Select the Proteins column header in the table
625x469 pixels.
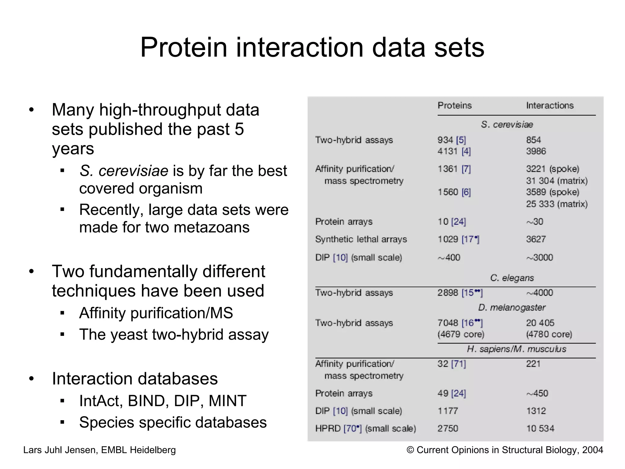coord(454,105)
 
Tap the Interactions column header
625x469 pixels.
coord(550,105)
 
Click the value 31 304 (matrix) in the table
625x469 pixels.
coord(557,181)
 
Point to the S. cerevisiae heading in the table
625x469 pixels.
coord(507,125)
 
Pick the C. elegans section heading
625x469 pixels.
coord(512,278)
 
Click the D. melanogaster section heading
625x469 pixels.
coord(511,307)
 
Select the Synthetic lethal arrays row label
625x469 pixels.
coord(361,239)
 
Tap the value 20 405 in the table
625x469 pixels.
coord(540,323)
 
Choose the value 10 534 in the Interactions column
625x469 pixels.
coord(540,428)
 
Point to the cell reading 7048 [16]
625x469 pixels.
coord(460,323)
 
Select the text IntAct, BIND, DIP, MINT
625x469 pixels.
coord(163,401)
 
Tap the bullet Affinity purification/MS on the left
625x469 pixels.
coord(156,313)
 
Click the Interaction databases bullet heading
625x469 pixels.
coord(135,379)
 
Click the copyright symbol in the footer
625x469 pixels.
coord(410,450)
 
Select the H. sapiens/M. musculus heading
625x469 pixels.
coord(516,349)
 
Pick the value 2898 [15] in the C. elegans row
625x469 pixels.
coord(460,293)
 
